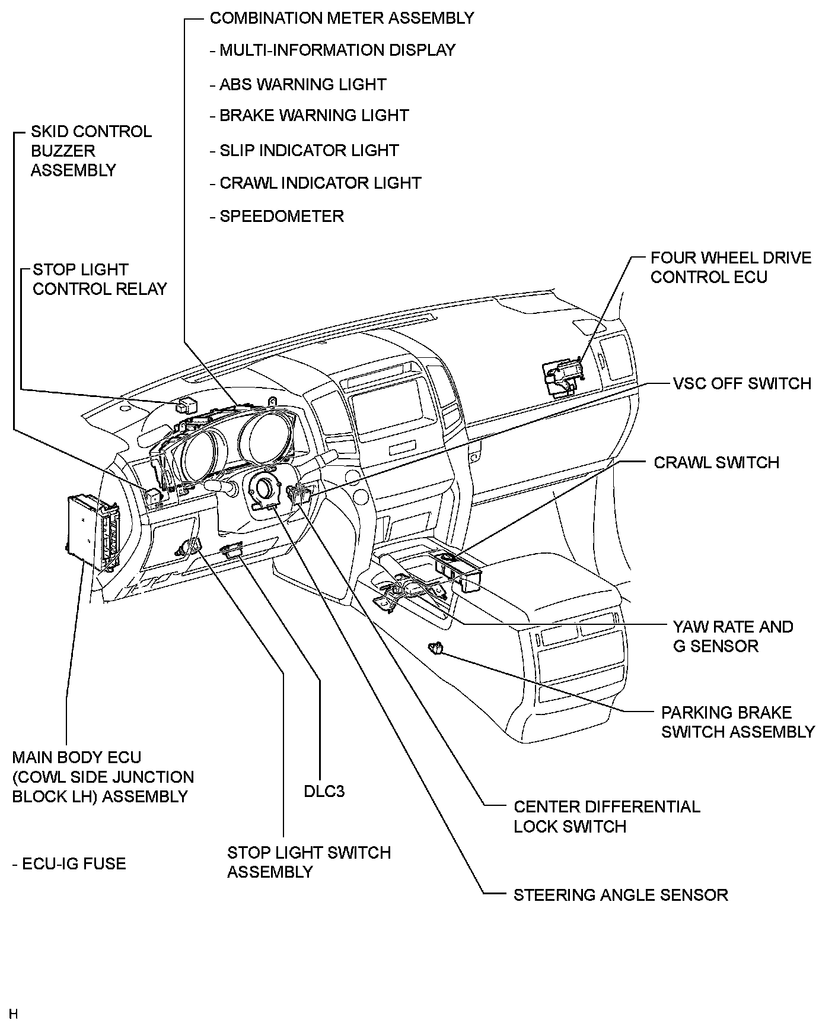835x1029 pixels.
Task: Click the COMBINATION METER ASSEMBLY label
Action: click(x=342, y=18)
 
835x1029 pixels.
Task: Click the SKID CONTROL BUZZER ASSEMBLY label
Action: click(x=91, y=151)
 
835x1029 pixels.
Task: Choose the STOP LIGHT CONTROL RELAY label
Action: click(x=100, y=280)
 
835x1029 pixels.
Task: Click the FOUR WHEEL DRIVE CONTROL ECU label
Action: click(x=730, y=268)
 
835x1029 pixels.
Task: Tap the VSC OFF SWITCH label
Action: click(x=742, y=383)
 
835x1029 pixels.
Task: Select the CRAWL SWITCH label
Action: click(x=716, y=463)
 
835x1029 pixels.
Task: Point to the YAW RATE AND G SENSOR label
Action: click(x=732, y=636)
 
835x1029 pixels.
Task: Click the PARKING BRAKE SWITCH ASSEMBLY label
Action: click(x=738, y=722)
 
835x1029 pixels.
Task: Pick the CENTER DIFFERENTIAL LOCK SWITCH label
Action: click(x=606, y=817)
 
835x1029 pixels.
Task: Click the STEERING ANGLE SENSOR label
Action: click(x=620, y=895)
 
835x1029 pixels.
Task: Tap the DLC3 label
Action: click(x=324, y=792)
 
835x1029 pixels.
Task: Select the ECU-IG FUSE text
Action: click(x=69, y=863)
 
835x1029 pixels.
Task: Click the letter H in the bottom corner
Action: click(x=13, y=1014)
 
